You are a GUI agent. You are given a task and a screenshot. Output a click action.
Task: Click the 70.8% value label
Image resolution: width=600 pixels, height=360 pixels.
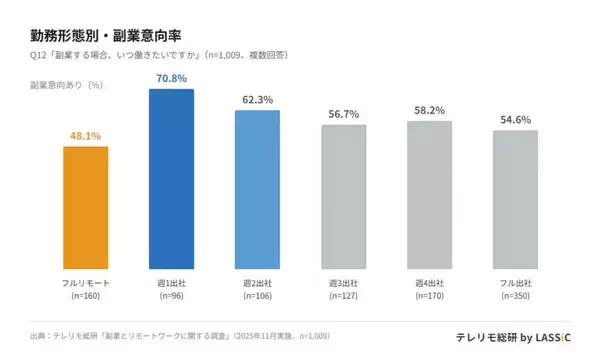pos(171,78)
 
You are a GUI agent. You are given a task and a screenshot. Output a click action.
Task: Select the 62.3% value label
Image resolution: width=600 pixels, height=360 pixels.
pos(257,99)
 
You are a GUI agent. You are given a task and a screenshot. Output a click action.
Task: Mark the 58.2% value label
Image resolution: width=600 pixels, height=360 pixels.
pos(429,110)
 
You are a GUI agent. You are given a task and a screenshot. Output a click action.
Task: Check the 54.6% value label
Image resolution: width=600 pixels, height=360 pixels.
pos(515,119)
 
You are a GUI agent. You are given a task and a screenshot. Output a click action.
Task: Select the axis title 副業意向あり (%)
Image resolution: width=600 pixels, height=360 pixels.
pos(68,85)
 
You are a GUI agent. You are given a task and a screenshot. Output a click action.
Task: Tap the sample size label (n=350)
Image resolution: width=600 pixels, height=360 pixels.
pos(515,296)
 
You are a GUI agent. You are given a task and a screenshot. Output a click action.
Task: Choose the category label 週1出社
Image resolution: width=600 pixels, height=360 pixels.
pos(171,284)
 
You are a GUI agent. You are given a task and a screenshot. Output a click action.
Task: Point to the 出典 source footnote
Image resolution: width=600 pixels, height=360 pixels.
pos(180,336)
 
